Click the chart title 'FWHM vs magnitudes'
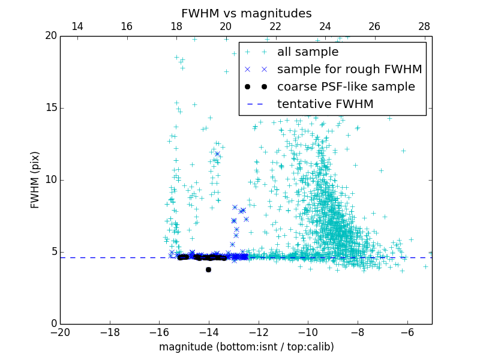(246, 13)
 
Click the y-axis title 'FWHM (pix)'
(35, 179)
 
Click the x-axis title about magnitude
(246, 347)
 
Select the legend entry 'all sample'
(308, 52)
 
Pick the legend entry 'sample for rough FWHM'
(349, 70)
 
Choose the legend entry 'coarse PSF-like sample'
(346, 87)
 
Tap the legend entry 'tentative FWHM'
(325, 104)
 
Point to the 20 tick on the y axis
(50, 36)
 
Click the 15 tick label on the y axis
(50, 108)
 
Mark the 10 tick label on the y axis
(50, 180)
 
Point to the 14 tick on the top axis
(77, 26)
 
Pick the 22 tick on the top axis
(275, 26)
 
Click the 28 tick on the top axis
(424, 26)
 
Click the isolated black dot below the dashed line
(208, 269)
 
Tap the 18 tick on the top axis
(176, 26)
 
